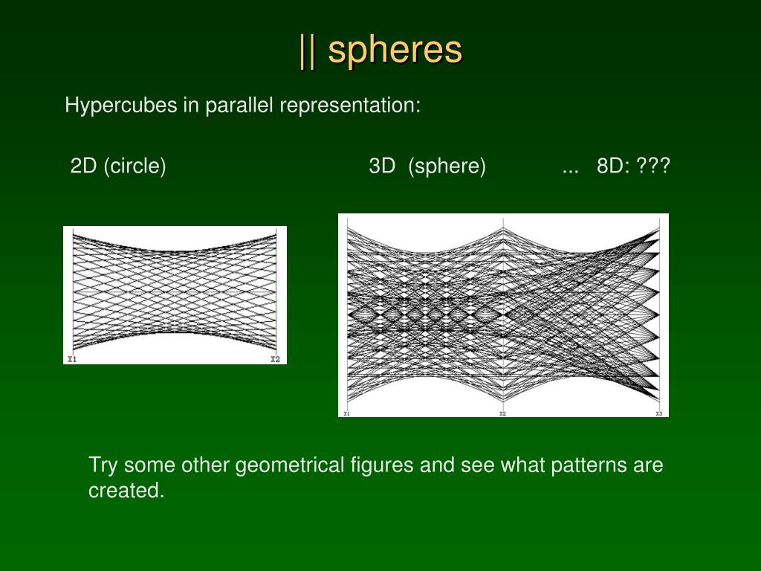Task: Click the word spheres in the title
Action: pos(395,51)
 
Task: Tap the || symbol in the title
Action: pos(306,51)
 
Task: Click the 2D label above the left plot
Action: pos(84,166)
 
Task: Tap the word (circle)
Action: pos(135,166)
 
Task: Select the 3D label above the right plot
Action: pos(382,166)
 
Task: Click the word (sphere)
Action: pos(447,166)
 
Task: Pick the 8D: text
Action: pos(613,166)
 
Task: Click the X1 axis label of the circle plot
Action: pos(71,360)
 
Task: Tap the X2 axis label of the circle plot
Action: pos(275,360)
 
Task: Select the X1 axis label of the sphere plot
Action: pos(346,413)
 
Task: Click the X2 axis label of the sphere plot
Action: pos(503,413)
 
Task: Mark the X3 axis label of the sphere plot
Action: pos(658,413)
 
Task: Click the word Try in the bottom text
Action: pos(103,466)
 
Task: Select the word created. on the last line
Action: pos(126,491)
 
